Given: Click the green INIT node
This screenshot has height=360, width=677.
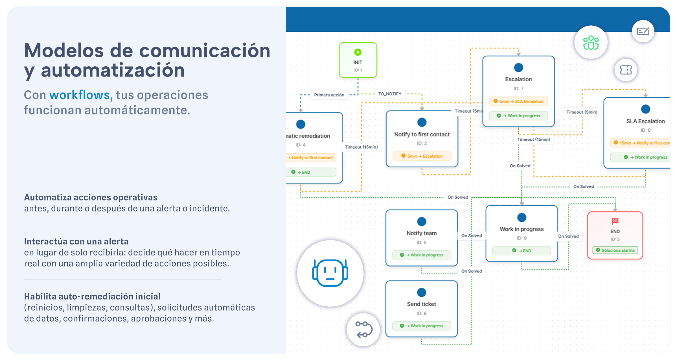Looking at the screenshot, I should (358, 60).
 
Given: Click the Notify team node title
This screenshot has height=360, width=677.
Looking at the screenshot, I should (421, 233).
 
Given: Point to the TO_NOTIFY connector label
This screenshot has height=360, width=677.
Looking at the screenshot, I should (390, 94).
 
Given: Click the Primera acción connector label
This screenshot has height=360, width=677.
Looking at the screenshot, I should (329, 95).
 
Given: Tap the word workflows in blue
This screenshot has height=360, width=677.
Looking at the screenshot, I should (79, 95).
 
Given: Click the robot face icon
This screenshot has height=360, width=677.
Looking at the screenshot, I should (330, 273).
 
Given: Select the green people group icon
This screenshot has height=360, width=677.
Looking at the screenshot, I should (591, 43).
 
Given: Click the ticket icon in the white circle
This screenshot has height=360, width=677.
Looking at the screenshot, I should (626, 70).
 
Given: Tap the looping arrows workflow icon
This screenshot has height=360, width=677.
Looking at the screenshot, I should (363, 329).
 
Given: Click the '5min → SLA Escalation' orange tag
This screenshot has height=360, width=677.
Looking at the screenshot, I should (518, 101).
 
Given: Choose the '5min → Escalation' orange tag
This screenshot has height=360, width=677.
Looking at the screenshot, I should (422, 156).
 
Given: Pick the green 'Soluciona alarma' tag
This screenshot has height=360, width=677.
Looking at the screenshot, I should (615, 250).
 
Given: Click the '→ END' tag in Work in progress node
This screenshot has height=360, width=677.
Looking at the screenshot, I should (522, 251).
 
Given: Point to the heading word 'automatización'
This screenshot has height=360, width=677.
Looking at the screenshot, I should (113, 71).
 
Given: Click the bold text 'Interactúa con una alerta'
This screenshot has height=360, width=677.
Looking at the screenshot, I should (76, 241).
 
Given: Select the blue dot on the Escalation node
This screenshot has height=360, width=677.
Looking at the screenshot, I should (518, 68).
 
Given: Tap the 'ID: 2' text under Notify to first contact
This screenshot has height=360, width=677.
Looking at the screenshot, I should (422, 143).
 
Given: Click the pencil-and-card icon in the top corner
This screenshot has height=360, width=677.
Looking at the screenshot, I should (643, 31).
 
